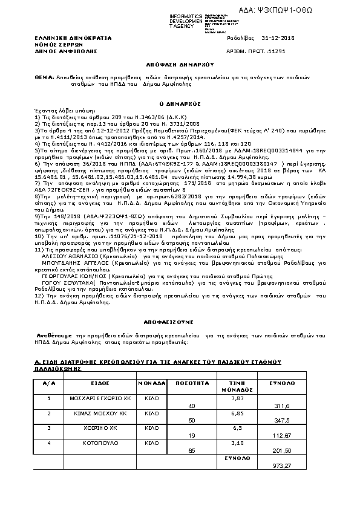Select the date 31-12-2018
point(277,37)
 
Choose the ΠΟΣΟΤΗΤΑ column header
point(188,383)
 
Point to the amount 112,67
point(283,435)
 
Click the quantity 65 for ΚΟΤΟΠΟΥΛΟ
point(192,450)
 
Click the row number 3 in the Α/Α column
point(49,427)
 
